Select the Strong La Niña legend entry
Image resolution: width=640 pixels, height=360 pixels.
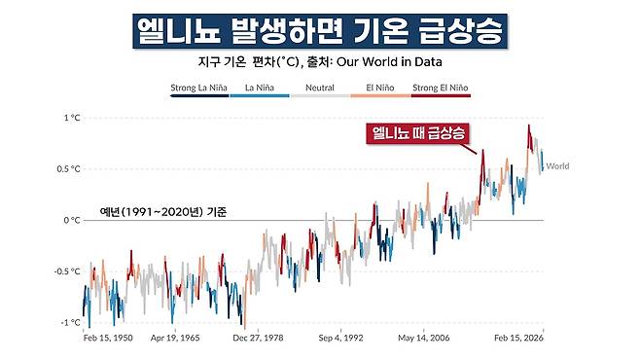click(x=198, y=88)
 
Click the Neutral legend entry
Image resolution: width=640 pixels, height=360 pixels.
click(x=319, y=88)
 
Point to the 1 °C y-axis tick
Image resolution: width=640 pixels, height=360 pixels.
click(x=71, y=118)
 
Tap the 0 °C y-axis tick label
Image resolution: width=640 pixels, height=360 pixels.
click(x=71, y=220)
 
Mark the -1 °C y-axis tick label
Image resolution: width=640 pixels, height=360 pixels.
click(x=70, y=322)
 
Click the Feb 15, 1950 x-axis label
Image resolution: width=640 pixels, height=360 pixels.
click(x=108, y=340)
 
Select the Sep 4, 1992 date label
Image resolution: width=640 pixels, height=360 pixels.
click(x=340, y=340)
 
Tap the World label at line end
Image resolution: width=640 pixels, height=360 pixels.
click(x=557, y=166)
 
